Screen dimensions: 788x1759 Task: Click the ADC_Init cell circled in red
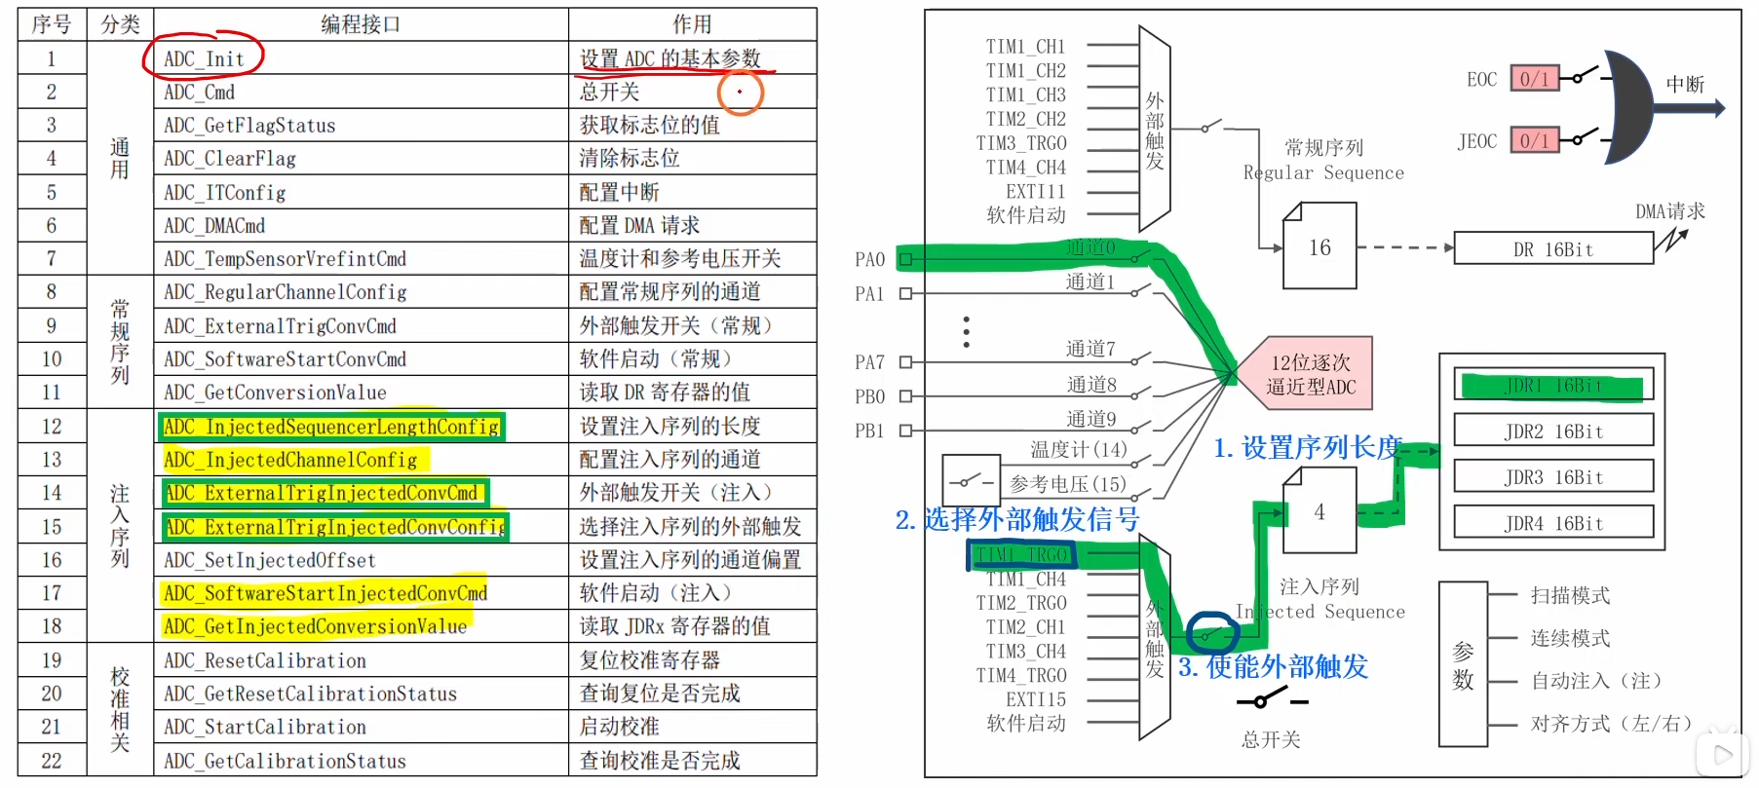pyautogui.click(x=204, y=58)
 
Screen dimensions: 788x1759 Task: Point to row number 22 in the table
pyautogui.click(x=52, y=761)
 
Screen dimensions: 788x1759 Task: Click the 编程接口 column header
pyautogui.click(x=361, y=24)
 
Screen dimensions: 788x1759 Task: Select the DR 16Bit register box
pyautogui.click(x=1553, y=249)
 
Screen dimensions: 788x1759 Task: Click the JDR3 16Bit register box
pyautogui.click(x=1553, y=477)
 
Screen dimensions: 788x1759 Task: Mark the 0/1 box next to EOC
pyautogui.click(x=1534, y=79)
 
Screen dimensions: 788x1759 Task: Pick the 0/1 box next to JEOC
pyautogui.click(x=1534, y=140)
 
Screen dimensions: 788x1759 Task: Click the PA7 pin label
pyautogui.click(x=869, y=362)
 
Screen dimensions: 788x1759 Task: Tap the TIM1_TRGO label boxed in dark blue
pyautogui.click(x=1021, y=555)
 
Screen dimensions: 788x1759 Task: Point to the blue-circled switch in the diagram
pyautogui.click(x=1211, y=634)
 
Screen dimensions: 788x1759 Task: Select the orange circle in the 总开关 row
pyautogui.click(x=740, y=93)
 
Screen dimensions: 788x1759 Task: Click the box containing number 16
pyautogui.click(x=1319, y=247)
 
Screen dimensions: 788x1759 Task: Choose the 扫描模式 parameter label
pyautogui.click(x=1570, y=595)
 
